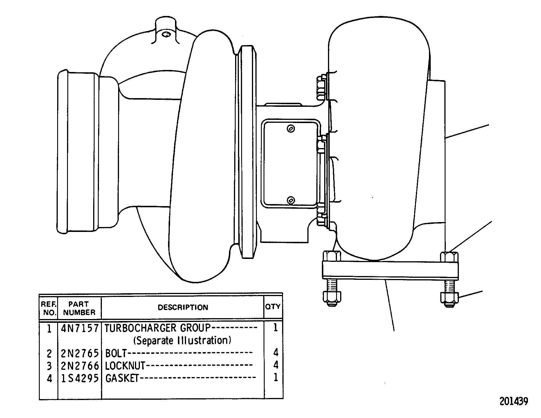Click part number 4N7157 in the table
coord(80,328)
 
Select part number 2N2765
coord(80,353)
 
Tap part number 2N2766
coord(80,366)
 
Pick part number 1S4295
coord(80,379)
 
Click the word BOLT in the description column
coord(116,353)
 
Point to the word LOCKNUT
coord(125,366)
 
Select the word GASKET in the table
coord(122,379)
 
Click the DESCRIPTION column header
coord(183,307)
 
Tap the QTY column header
coord(273,307)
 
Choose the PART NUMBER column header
coord(79,308)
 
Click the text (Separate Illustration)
coord(182,340)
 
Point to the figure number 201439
coord(514,401)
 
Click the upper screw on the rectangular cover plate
coord(291,129)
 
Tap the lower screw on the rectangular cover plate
coord(291,200)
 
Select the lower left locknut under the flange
coord(332,298)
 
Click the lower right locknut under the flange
coord(450,300)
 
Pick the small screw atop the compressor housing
coord(167,35)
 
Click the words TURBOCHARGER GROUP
coord(157,328)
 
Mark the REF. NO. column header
coord(48,308)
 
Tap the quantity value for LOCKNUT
coord(276,365)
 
